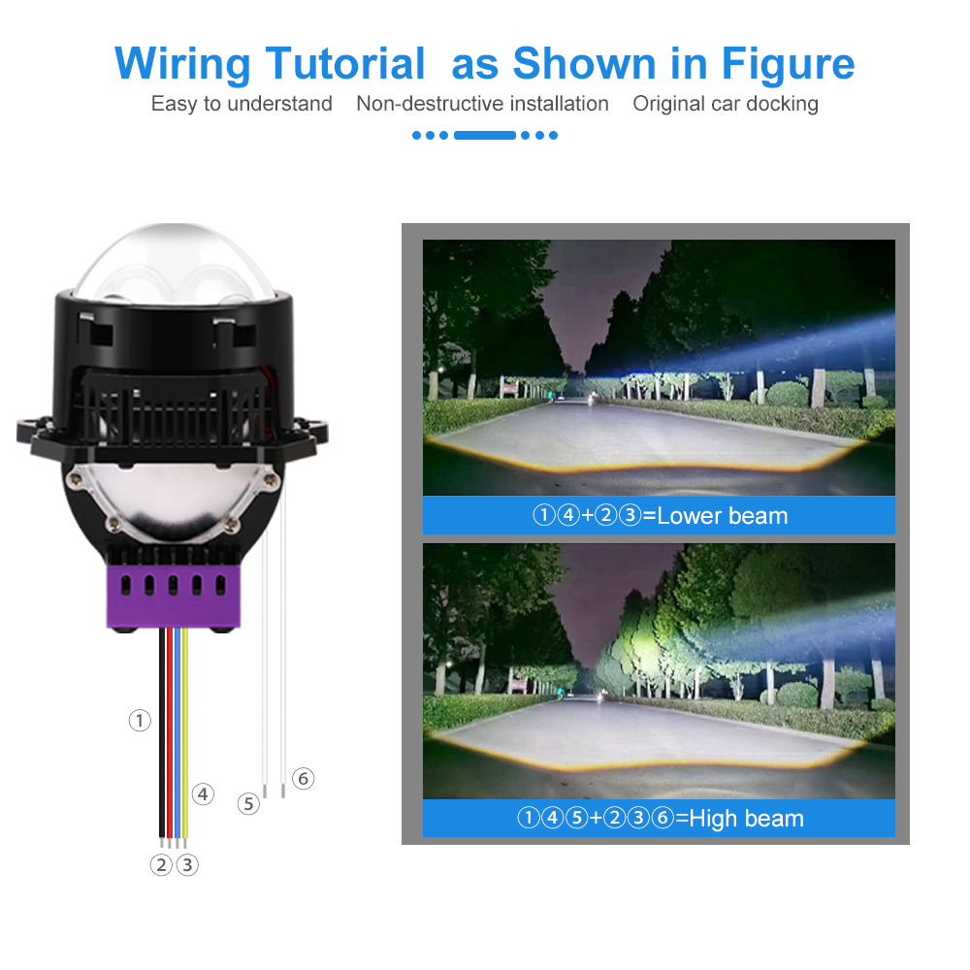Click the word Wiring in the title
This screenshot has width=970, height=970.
point(182,64)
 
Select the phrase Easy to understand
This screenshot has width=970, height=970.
point(242,104)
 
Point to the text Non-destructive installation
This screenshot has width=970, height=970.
point(482,104)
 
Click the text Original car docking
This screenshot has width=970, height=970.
point(726,104)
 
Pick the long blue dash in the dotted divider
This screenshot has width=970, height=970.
point(484,135)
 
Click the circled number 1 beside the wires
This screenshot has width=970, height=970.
point(141,720)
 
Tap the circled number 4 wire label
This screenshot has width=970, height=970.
point(203,793)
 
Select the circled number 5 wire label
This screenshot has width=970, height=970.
point(249,803)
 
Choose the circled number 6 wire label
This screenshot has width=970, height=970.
point(304,778)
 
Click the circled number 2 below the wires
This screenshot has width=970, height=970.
point(161,864)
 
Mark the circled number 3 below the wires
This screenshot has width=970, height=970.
point(187,864)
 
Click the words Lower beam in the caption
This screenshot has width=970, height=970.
point(722,516)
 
